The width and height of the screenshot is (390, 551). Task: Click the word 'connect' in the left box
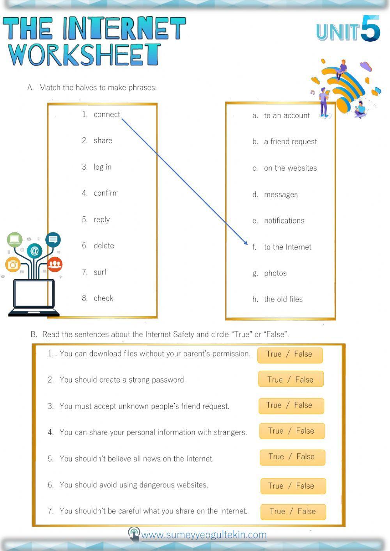point(106,115)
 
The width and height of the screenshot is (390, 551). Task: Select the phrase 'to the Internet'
point(287,247)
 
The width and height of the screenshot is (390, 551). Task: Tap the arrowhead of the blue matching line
point(246,243)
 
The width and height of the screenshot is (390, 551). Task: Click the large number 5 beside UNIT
point(370,28)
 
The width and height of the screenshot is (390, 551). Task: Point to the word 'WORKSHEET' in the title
point(84,55)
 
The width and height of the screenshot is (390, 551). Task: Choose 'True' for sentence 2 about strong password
point(275,379)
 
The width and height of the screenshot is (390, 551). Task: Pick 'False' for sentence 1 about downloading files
point(303,354)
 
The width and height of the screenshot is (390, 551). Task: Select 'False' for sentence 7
point(307,511)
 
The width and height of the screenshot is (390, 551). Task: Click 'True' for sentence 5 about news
point(276,457)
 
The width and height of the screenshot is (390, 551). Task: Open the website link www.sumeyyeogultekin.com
point(204,535)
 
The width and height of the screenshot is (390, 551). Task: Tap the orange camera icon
point(13,265)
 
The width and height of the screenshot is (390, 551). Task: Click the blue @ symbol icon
point(34,250)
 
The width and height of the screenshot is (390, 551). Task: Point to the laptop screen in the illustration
point(34,294)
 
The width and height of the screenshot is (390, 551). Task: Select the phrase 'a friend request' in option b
point(291,142)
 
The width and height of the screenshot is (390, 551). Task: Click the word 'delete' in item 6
point(104,246)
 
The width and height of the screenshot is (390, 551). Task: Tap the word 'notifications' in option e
point(284,221)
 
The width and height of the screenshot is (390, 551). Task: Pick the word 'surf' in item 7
point(100,272)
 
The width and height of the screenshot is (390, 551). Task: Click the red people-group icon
point(55,264)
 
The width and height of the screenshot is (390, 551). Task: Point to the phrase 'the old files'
point(283,299)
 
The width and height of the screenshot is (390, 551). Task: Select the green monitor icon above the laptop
point(15,239)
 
